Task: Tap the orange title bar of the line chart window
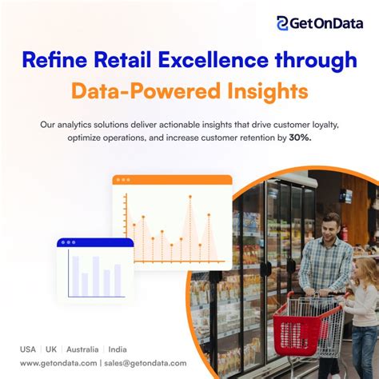172,180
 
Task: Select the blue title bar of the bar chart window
95,241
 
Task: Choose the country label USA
28,349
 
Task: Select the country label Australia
83,349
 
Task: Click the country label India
118,349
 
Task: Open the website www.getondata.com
58,363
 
